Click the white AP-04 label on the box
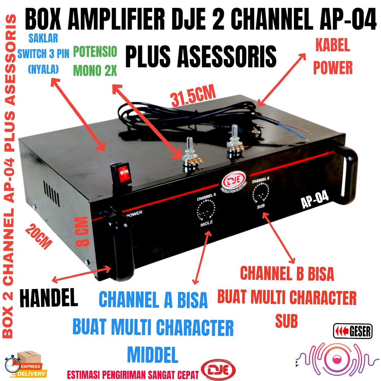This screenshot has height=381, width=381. click(315, 197)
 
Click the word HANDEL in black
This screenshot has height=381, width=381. click(48, 298)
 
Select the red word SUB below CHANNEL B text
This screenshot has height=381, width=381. click(286, 321)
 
